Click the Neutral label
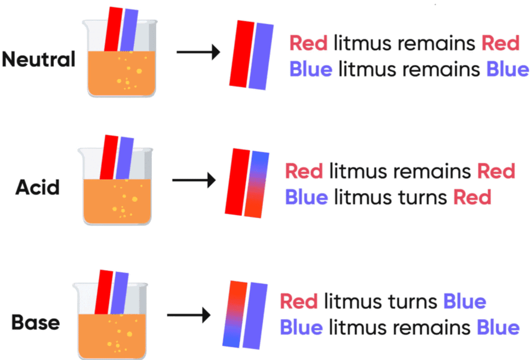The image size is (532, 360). pyautogui.click(x=38, y=59)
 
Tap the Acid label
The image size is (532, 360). pyautogui.click(x=38, y=188)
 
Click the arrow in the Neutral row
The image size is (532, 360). pyautogui.click(x=197, y=53)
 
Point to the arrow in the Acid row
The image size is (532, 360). pyautogui.click(x=194, y=180)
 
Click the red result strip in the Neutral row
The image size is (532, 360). pyautogui.click(x=240, y=54)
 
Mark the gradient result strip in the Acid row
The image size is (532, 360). pyautogui.click(x=256, y=184)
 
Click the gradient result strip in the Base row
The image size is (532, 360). pyautogui.click(x=234, y=314)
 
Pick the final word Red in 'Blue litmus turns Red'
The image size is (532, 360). pyautogui.click(x=472, y=197)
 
